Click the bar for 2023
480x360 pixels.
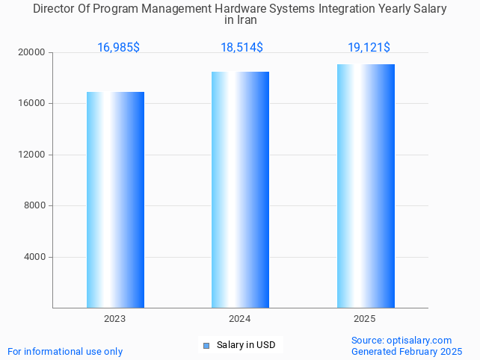[115, 199]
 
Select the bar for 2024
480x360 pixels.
[240, 190]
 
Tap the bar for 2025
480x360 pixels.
[366, 186]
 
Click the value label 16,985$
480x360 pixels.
[118, 48]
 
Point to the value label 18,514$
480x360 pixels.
[241, 48]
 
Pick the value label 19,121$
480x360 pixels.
[369, 48]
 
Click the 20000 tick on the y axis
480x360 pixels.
[33, 53]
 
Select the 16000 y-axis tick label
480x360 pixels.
[33, 104]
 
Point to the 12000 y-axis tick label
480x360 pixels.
[33, 155]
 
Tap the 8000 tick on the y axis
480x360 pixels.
[35, 206]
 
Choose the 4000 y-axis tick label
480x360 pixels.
[35, 257]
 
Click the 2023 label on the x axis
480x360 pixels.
[114, 319]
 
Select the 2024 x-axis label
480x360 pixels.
[239, 319]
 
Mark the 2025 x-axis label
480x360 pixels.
[365, 319]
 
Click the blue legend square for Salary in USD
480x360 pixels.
[206, 345]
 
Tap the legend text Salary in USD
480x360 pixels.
[246, 345]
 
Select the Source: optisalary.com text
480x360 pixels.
[401, 341]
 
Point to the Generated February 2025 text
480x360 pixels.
[407, 351]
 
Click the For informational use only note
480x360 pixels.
[65, 351]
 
